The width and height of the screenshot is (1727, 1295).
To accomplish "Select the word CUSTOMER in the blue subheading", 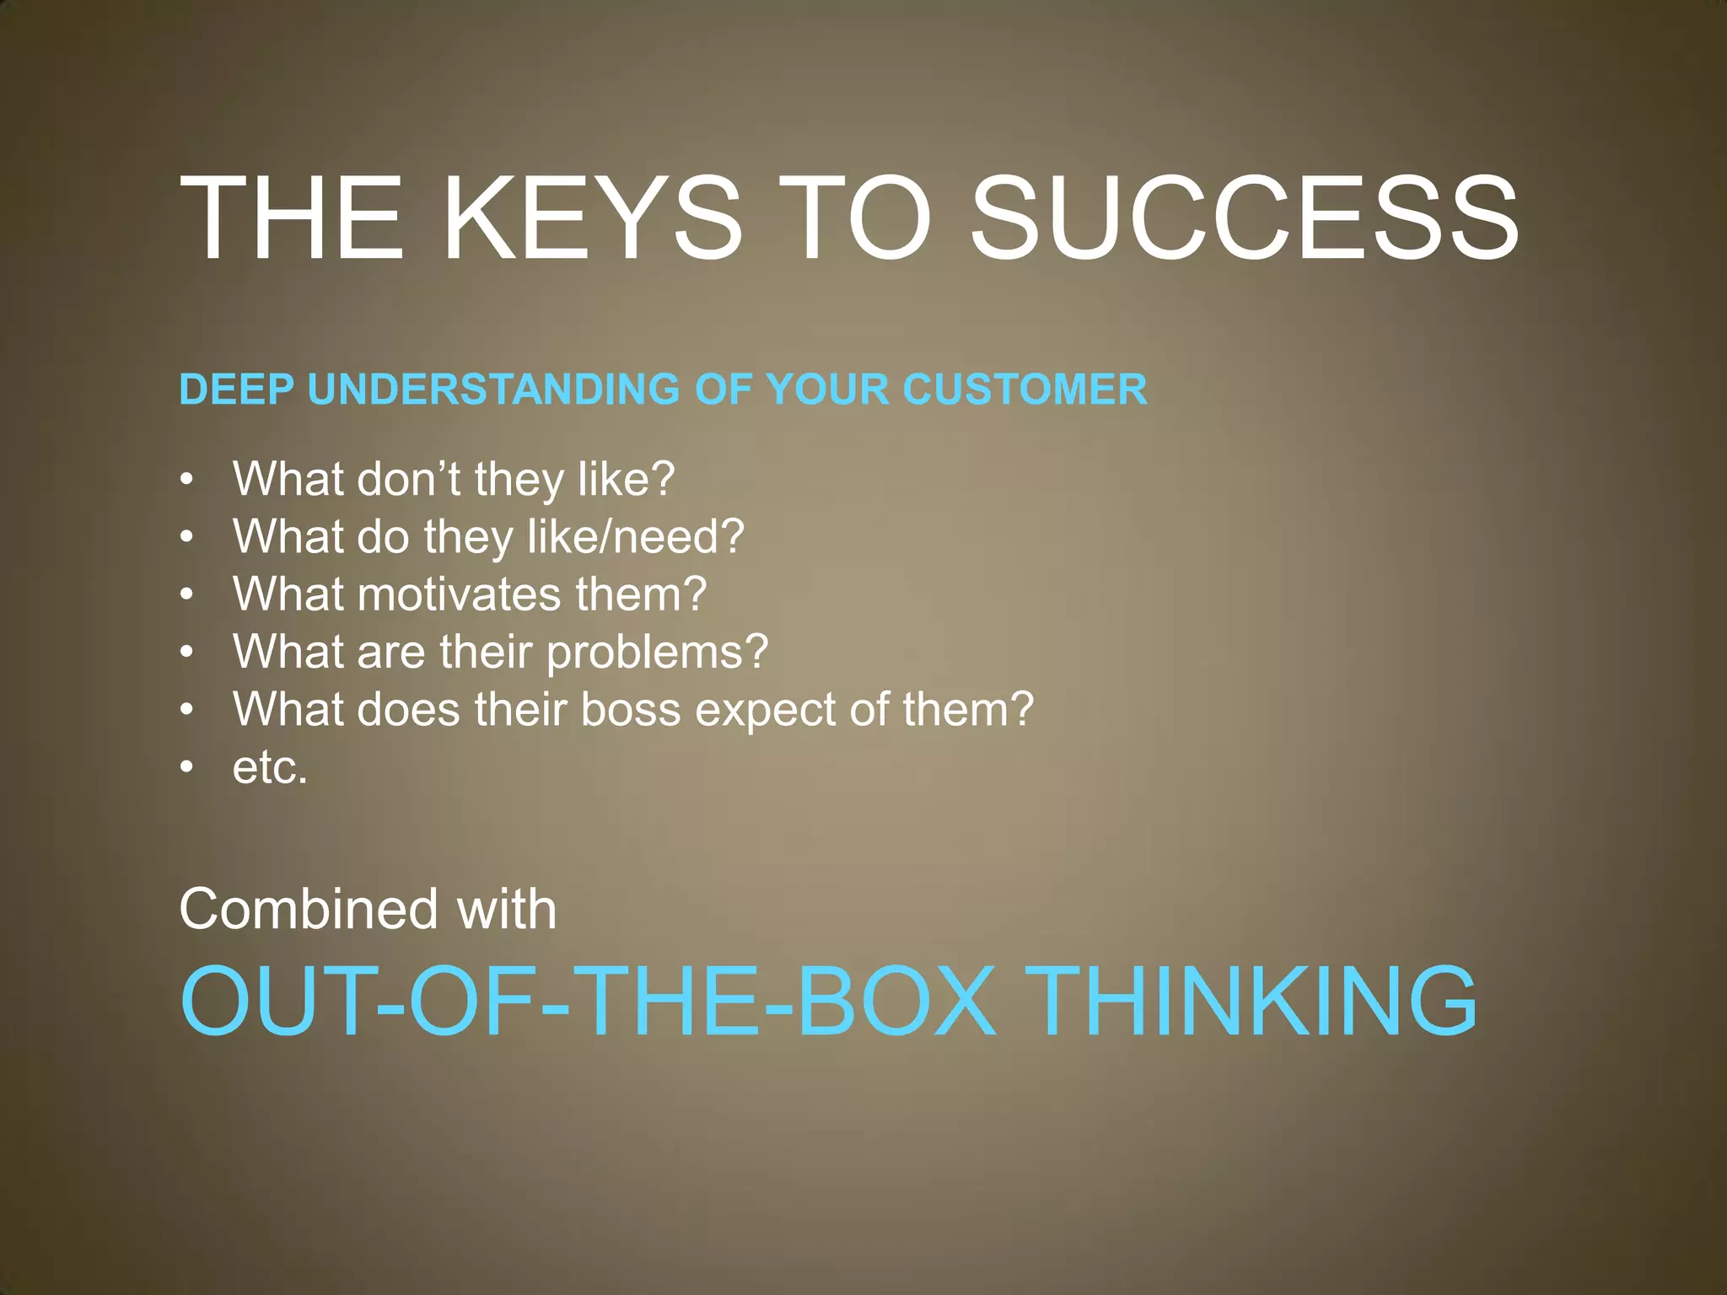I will tap(1025, 390).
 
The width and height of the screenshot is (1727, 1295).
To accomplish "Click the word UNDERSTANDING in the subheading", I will tap(493, 390).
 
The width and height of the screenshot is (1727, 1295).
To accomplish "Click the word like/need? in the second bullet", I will tap(636, 536).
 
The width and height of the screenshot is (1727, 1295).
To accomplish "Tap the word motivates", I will tap(460, 594).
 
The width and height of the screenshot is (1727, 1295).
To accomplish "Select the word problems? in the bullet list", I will tap(658, 653).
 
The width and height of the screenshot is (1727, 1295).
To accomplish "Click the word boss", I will tap(631, 709).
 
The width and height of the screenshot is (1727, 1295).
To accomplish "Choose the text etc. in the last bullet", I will tap(271, 767).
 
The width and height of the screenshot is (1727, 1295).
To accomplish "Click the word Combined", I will tap(309, 909).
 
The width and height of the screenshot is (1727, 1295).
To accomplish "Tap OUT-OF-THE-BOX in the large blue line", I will tap(589, 1002).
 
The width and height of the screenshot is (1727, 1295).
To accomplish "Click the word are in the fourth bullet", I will tap(390, 653).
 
